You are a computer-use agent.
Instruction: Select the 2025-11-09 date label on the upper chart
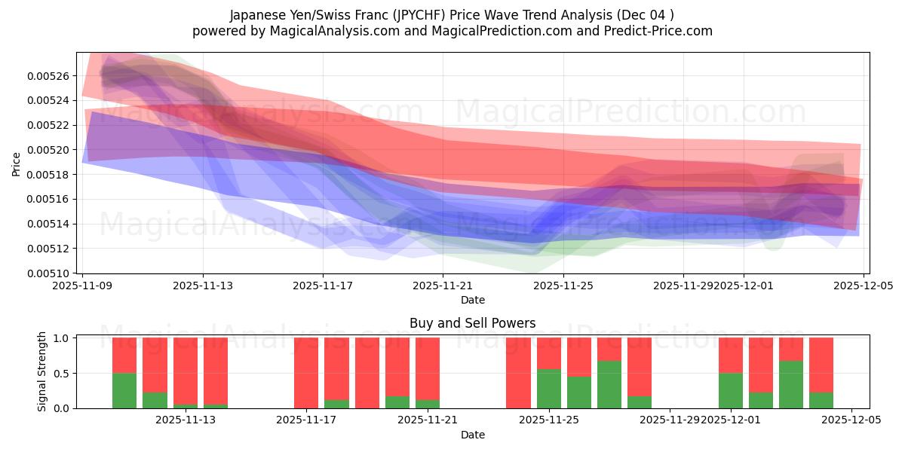(x=82, y=286)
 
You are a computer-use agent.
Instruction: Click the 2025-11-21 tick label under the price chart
(x=443, y=286)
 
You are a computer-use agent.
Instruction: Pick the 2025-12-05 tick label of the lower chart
(x=851, y=420)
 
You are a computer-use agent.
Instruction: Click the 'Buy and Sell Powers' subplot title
(x=472, y=323)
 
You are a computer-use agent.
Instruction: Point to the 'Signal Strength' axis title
(x=42, y=371)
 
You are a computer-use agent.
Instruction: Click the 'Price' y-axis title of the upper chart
(x=16, y=163)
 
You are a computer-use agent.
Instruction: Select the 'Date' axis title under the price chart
(x=472, y=300)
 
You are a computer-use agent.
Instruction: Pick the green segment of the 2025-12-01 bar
(x=730, y=390)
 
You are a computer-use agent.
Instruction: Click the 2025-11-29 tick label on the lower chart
(x=670, y=420)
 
